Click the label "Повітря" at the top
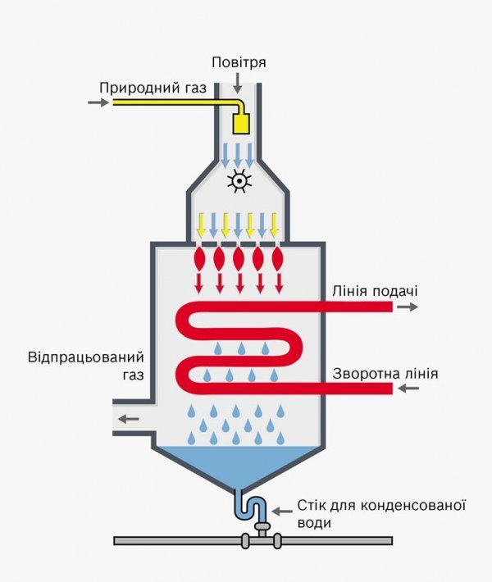click(239, 62)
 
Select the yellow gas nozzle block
click(241, 124)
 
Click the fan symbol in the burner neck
click(239, 181)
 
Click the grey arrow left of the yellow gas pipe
click(98, 102)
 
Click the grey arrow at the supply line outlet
click(408, 307)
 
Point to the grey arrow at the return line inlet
click(408, 387)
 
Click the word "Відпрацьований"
click(86, 358)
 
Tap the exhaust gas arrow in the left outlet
click(128, 419)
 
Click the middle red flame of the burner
click(239, 259)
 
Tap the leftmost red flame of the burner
click(199, 259)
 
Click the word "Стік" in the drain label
click(312, 507)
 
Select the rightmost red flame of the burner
click(279, 259)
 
